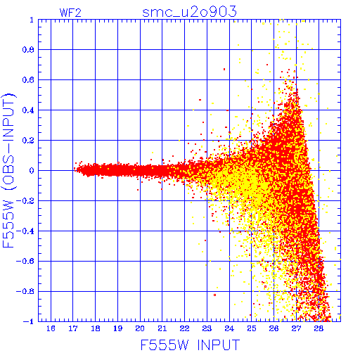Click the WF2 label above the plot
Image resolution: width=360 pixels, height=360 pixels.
pos(70,13)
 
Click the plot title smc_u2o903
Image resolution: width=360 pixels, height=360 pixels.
pos(189,12)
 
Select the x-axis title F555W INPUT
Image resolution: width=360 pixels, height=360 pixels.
pos(190,345)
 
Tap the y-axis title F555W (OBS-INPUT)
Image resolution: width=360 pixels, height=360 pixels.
pos(8,170)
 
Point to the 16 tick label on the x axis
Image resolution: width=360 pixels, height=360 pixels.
pos(51,328)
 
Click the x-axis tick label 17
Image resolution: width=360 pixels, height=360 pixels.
pos(73,328)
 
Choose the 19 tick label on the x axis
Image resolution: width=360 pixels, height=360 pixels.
pos(117,328)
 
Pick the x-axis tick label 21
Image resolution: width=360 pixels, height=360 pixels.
pos(162,328)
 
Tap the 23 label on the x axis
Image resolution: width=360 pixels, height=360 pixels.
pos(207,328)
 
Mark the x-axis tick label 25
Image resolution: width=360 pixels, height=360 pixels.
pos(252,328)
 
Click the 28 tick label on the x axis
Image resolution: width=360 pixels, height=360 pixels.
pos(319,328)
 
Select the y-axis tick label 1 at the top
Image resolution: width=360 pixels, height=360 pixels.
pos(32,20)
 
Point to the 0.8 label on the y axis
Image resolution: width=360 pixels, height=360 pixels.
pos(28,50)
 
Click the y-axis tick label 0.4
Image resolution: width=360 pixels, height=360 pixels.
pos(28,110)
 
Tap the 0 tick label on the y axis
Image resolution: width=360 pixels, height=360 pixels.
pos(32,170)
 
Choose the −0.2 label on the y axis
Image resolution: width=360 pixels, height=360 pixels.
pos(25,200)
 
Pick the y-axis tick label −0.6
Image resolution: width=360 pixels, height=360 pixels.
pos(25,261)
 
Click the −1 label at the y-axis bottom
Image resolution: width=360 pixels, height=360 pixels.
pos(29,321)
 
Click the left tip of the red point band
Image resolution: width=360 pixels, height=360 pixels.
pos(74,169)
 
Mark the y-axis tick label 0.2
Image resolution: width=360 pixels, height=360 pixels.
pos(28,140)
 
